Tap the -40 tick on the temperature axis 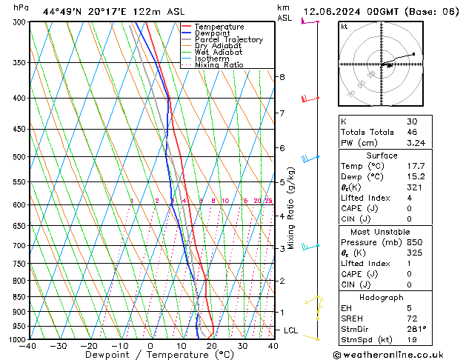click(28, 346)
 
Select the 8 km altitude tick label click(282, 77)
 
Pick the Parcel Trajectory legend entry click(228, 40)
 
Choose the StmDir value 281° click(416, 329)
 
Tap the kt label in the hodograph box click(344, 27)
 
